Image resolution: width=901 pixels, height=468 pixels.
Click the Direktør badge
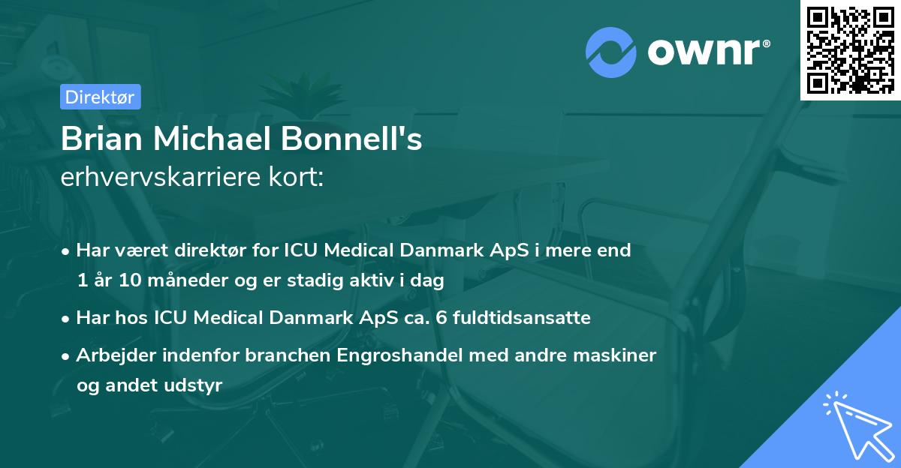pyautogui.click(x=100, y=97)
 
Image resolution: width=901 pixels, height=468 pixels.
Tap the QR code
pyautogui.click(x=851, y=49)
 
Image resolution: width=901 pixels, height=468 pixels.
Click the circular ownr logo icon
pyautogui.click(x=611, y=52)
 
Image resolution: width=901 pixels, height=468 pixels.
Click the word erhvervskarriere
pyautogui.click(x=153, y=178)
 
